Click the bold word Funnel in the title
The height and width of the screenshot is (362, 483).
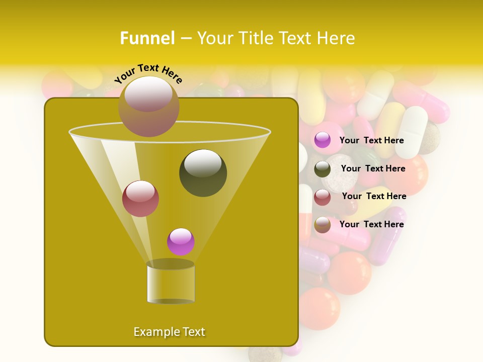coord(147,38)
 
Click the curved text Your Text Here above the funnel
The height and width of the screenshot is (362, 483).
coord(148,74)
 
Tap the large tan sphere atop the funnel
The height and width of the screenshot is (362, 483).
coord(148,106)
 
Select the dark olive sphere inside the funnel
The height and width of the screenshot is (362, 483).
coord(203,173)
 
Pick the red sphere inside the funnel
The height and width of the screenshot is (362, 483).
coord(140,199)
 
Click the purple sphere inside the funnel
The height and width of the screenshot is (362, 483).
coord(181,242)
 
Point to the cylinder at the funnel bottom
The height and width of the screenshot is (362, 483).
coord(171,283)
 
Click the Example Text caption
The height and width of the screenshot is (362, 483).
coord(169,332)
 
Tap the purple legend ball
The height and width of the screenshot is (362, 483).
coord(323,140)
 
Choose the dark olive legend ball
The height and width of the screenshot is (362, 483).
coord(323,169)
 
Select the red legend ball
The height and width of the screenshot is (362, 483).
coord(323,197)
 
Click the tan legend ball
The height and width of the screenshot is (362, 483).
coord(323,225)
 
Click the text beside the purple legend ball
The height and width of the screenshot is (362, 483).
coord(372,140)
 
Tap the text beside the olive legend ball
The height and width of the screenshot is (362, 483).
coord(373,168)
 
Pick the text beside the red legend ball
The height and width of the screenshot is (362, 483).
coord(374,196)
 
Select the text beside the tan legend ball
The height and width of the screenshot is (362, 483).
coord(372,224)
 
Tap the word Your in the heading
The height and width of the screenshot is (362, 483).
coord(214,38)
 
